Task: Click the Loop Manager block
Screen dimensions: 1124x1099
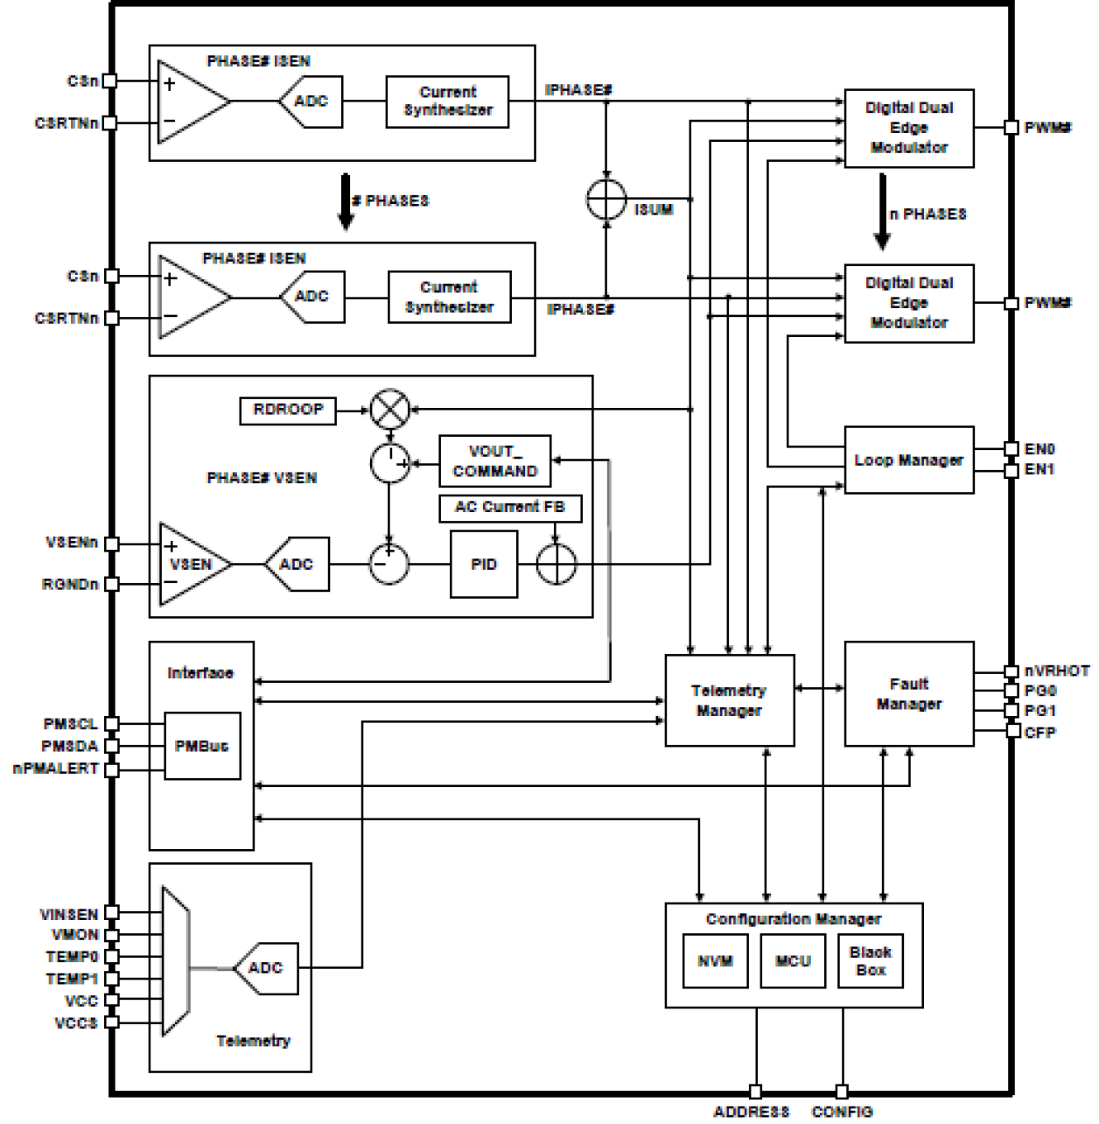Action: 908,460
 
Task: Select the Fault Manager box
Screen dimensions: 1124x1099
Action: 908,693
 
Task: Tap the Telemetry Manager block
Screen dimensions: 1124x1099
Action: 729,700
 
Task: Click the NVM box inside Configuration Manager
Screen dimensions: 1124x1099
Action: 715,961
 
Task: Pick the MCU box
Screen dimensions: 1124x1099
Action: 793,961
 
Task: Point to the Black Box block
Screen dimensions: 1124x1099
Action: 870,961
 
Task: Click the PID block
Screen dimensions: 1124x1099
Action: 483,565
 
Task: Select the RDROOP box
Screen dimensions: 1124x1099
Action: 288,411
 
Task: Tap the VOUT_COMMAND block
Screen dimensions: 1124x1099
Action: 494,461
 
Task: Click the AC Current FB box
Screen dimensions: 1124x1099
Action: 510,508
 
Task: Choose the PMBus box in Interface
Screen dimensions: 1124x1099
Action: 202,747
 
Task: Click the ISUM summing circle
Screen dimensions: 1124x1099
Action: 606,200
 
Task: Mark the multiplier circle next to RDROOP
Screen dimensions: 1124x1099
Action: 390,410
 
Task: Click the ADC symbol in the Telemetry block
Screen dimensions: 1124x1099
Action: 265,968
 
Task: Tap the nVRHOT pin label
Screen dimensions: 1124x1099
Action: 1057,671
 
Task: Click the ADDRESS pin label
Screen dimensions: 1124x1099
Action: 751,1112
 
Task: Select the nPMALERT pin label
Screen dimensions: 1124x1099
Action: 55,769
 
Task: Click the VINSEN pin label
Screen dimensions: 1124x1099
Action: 69,915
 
